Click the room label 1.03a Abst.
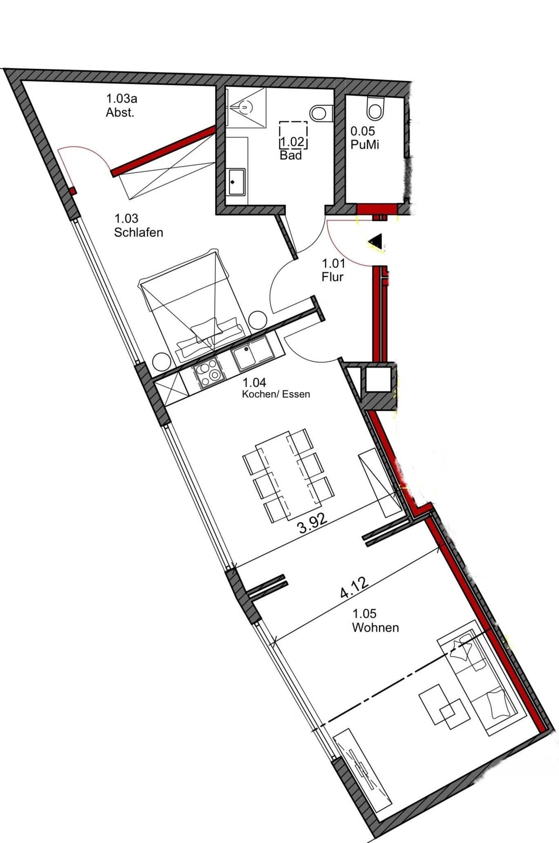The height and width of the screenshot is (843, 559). [x=122, y=106]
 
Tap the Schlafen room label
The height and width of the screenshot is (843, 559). [x=138, y=225]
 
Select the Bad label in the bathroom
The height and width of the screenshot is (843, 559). [x=291, y=155]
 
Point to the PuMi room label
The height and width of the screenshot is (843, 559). [x=364, y=138]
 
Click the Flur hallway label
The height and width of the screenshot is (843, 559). [x=333, y=270]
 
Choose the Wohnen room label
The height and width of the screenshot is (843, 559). [x=375, y=621]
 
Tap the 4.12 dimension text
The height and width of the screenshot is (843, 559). [x=354, y=587]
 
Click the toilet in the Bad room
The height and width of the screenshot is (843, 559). [x=321, y=112]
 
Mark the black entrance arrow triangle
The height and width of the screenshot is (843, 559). [x=375, y=242]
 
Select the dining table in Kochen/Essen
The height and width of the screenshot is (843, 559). [x=289, y=474]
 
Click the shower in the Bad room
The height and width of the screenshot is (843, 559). [x=245, y=107]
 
